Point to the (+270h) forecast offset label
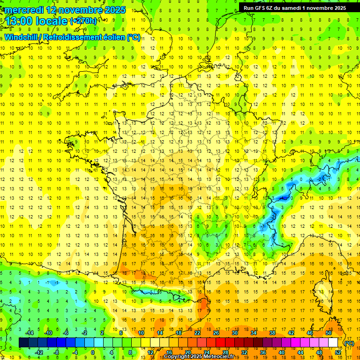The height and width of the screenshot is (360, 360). (83, 21)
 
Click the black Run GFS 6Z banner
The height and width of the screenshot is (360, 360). (294, 7)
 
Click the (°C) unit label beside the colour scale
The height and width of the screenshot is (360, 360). (349, 343)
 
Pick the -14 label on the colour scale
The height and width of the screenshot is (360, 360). (29, 333)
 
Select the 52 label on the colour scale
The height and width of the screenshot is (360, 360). (337, 352)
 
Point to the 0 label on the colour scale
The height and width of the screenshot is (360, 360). (93, 352)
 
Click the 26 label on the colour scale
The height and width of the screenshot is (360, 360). (216, 333)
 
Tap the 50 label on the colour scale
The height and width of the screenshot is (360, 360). (328, 333)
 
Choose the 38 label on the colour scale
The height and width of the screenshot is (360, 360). (272, 333)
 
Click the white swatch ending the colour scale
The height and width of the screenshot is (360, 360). (333, 342)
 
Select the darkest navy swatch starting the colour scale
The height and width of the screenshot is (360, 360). (23, 342)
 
